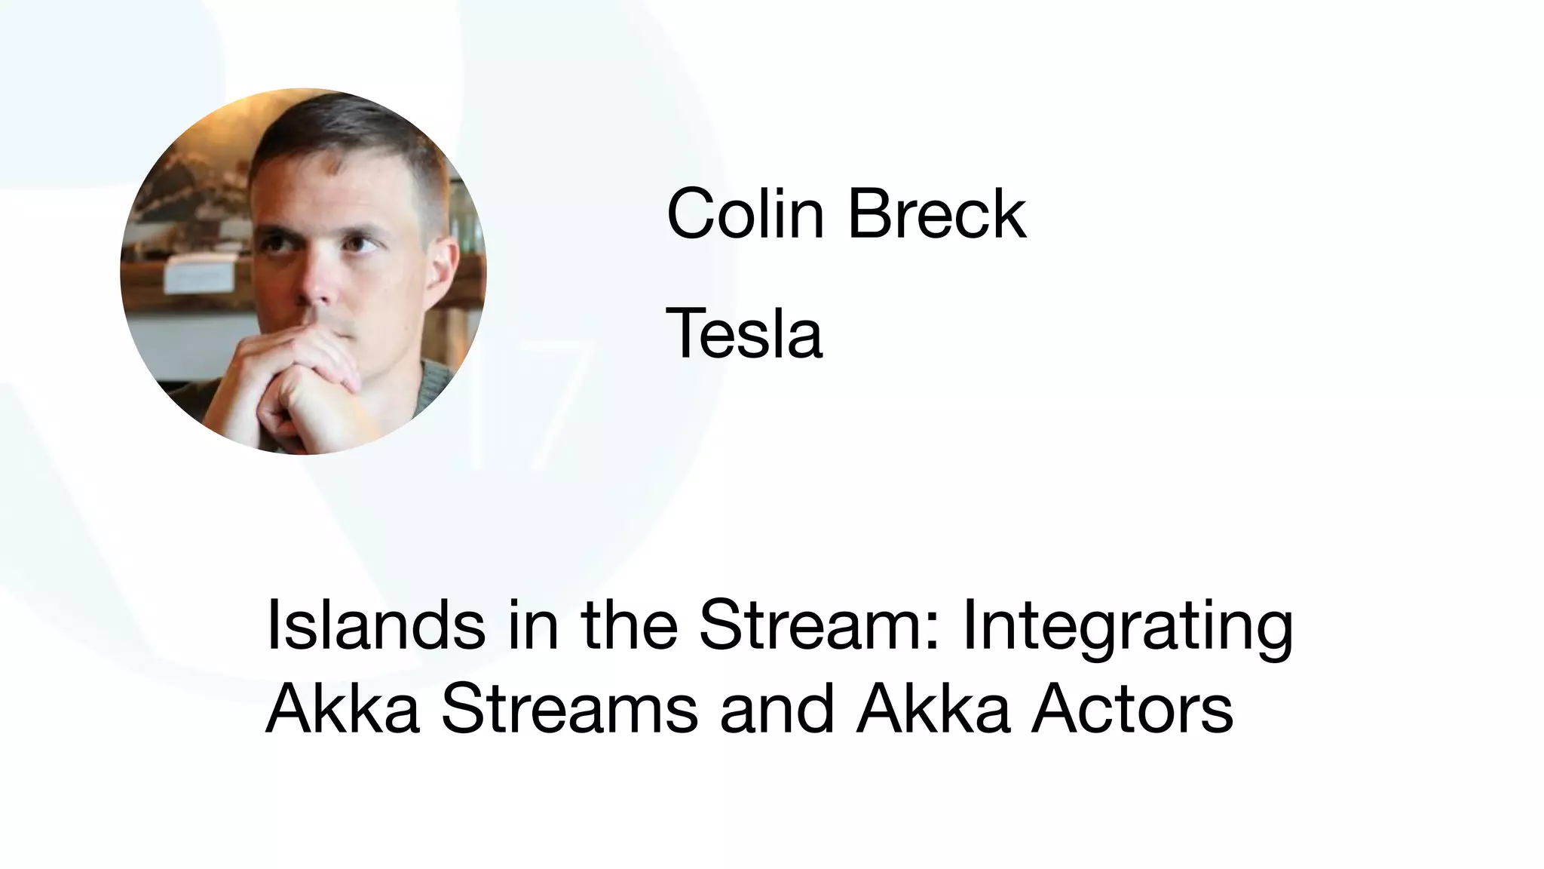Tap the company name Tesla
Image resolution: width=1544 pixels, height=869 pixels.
743,334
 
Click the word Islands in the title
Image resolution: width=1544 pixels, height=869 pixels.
375,625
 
